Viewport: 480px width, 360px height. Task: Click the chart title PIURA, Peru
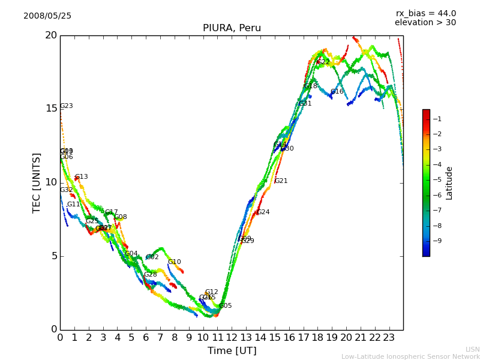(x=232, y=28)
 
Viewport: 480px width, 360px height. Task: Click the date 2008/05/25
(x=47, y=16)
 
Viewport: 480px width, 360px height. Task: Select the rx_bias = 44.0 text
(x=426, y=14)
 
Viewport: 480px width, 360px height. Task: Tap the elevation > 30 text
(x=425, y=23)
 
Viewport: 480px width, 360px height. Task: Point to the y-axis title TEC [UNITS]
(x=37, y=182)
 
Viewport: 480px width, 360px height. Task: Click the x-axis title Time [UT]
(x=232, y=351)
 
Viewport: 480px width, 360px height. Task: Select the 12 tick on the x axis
(x=232, y=338)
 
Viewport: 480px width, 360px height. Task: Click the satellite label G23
(x=66, y=106)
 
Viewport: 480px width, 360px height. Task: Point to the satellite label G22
(x=323, y=62)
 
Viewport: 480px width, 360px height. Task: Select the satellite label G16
(x=337, y=92)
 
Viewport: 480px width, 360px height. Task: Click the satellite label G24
(x=263, y=212)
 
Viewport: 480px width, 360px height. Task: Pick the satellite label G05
(x=225, y=306)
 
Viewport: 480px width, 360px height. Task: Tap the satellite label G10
(x=174, y=262)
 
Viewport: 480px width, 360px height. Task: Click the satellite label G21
(x=281, y=181)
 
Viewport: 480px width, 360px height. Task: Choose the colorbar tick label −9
(x=438, y=241)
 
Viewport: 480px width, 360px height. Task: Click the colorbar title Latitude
(x=449, y=183)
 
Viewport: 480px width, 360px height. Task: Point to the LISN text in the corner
(x=472, y=349)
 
